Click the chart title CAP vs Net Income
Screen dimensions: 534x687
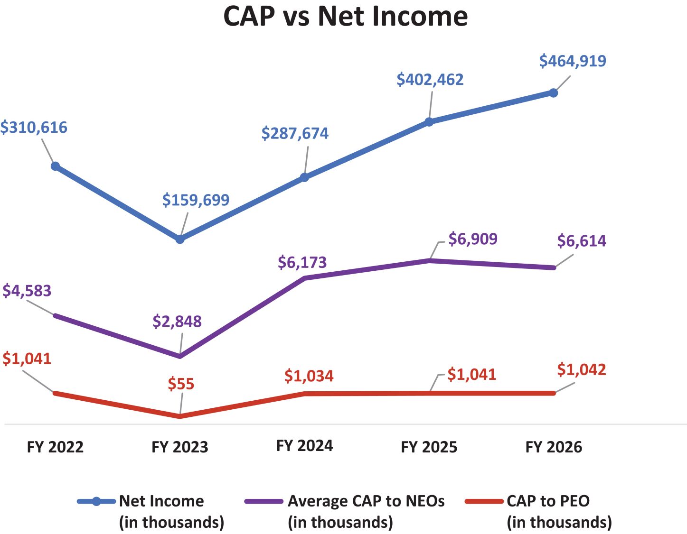pos(345,16)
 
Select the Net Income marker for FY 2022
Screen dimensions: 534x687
pos(55,166)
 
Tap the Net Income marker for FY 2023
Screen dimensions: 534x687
pos(180,239)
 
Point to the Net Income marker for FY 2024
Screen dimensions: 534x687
pos(305,178)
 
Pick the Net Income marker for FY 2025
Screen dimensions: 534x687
pos(429,122)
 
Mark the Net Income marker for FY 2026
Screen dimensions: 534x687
pos(554,93)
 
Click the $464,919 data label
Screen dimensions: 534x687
pos(573,61)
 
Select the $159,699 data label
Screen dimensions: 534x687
pos(196,200)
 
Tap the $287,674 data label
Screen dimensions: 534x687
pos(295,134)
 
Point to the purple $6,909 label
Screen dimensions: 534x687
pos(473,239)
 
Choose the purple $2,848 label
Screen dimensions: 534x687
pos(177,322)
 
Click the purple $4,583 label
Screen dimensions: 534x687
pos(27,291)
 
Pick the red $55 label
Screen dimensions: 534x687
pos(181,384)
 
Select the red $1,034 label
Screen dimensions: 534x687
pos(309,377)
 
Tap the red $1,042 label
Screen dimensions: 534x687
pos(582,370)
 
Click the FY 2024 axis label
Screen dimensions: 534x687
pos(305,446)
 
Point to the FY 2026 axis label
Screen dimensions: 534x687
pos(554,447)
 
